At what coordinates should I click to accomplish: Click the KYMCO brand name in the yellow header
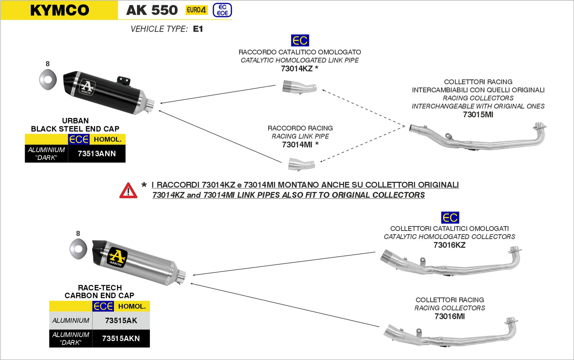pos(60,10)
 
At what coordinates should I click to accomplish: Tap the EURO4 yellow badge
pos(196,10)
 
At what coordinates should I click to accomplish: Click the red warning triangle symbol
pos(128,191)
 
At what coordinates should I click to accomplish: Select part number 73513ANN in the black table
pos(97,153)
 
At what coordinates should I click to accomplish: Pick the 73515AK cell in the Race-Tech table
pos(121,321)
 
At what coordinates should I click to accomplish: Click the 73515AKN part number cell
pos(121,338)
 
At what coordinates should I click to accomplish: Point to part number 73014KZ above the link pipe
pos(297,68)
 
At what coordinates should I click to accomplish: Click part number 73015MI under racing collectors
pos(478,115)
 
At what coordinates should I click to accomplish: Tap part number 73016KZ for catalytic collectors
pos(449,245)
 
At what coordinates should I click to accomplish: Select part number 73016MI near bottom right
pos(449,316)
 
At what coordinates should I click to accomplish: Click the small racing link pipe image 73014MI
pos(301,164)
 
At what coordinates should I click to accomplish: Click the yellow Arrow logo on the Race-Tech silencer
pos(117,257)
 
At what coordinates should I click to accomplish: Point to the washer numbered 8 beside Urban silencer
pos(48,80)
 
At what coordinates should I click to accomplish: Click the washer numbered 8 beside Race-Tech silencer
pos(78,248)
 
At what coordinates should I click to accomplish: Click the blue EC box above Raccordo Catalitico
pos(300,41)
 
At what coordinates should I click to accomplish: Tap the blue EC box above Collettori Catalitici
pos(450,217)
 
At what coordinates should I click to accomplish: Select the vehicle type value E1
pos(198,29)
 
